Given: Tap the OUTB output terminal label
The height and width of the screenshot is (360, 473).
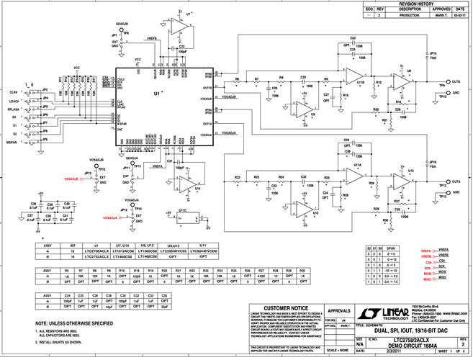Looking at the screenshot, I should (x=456, y=83).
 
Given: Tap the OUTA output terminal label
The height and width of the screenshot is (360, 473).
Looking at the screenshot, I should (x=456, y=182).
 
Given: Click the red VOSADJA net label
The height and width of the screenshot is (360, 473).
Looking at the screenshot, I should (x=104, y=217).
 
